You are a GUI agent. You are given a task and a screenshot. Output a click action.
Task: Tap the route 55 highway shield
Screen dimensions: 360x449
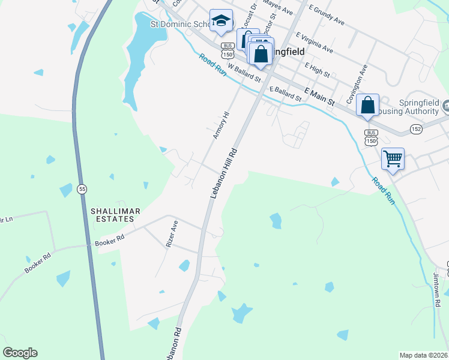pyautogui.click(x=82, y=189)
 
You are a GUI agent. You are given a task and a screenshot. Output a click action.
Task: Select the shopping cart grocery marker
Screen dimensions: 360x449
pyautogui.click(x=393, y=159)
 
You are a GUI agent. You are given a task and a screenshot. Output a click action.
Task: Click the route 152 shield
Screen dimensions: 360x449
pyautogui.click(x=416, y=129)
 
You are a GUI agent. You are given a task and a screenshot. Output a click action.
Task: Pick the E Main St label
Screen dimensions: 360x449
pyautogui.click(x=319, y=97)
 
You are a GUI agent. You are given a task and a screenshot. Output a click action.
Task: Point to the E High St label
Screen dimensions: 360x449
pyautogui.click(x=317, y=70)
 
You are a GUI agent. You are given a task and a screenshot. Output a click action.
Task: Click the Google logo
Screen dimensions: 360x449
pyautogui.click(x=20, y=353)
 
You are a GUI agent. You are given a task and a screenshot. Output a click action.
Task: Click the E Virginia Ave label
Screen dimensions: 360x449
pyautogui.click(x=313, y=43)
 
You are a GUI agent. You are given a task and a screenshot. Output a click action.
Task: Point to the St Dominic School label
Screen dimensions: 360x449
pyautogui.click(x=179, y=25)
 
